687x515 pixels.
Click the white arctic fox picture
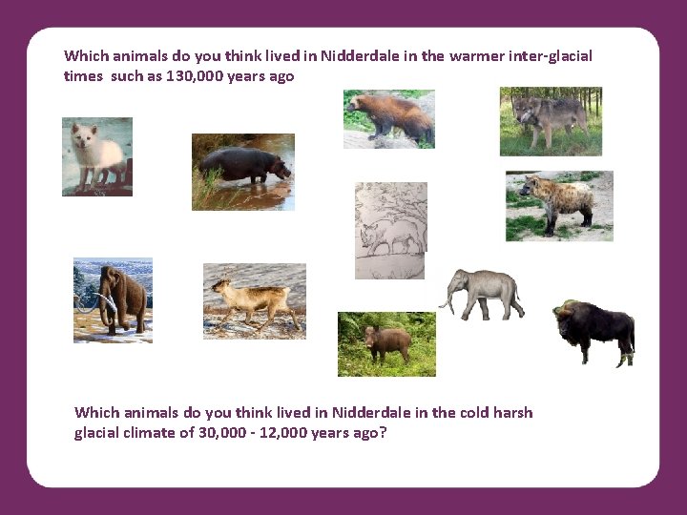pos(96,156)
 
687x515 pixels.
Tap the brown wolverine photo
pos(388,117)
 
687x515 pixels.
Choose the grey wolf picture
pos(551,120)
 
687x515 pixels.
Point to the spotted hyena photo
pos(558,205)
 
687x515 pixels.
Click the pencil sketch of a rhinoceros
pos(389,231)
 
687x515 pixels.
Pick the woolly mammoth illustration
pos(113,299)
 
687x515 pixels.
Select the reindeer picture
pos(254,300)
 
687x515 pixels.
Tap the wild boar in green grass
pos(386,343)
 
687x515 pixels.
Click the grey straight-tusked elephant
pos(485,294)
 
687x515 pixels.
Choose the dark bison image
pos(594,330)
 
